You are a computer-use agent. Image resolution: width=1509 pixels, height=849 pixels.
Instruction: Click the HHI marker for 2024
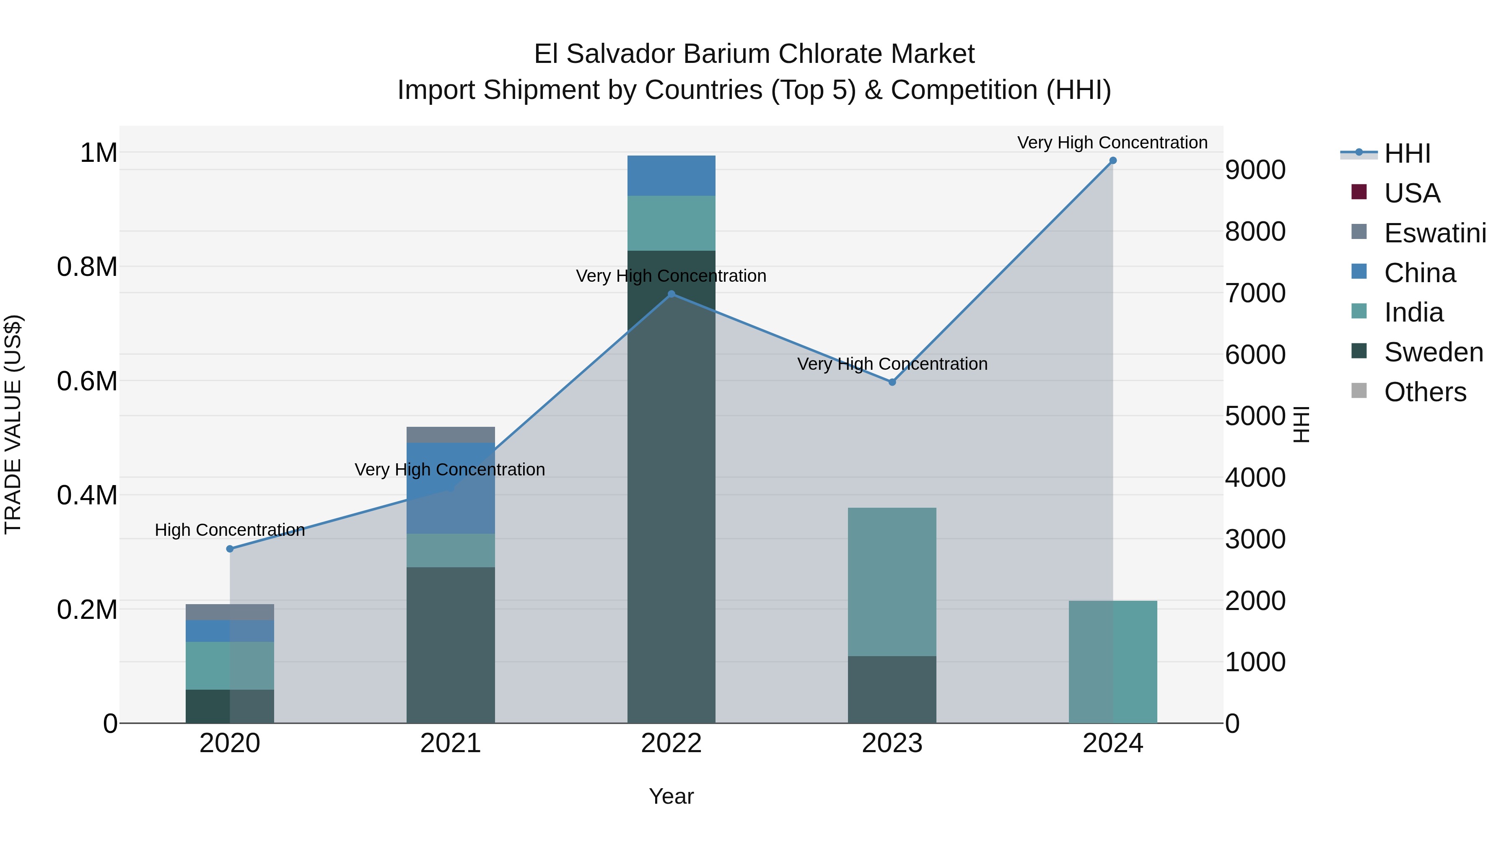[1112, 161]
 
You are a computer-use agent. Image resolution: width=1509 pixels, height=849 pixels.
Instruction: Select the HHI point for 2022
[672, 294]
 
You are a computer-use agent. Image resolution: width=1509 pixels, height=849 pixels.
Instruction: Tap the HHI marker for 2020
[230, 549]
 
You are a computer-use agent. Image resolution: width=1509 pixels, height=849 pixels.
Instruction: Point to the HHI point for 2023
[892, 382]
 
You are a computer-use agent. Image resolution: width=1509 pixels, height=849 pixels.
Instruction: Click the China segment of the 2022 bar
[672, 176]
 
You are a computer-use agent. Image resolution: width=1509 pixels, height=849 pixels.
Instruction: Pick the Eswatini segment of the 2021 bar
[451, 435]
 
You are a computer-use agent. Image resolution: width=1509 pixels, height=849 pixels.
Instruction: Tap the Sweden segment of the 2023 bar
[892, 690]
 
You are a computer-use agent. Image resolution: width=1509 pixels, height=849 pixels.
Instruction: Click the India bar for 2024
[1112, 662]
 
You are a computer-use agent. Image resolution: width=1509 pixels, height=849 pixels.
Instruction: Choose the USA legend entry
[1411, 193]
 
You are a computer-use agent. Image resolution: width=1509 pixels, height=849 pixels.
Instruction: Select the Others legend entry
[1425, 392]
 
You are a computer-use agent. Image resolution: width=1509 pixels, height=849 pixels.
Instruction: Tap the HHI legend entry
[1407, 153]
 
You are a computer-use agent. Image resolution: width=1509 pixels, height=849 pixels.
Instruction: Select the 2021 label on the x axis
[451, 743]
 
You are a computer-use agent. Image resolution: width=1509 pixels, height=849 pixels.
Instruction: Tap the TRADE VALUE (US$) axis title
[13, 424]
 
